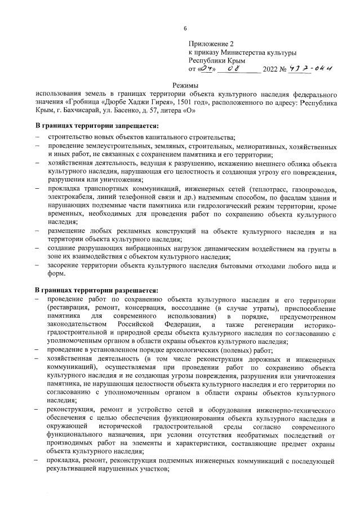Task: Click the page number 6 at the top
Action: pos(184,29)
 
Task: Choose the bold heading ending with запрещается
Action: pos(96,125)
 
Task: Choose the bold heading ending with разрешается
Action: pos(96,290)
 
